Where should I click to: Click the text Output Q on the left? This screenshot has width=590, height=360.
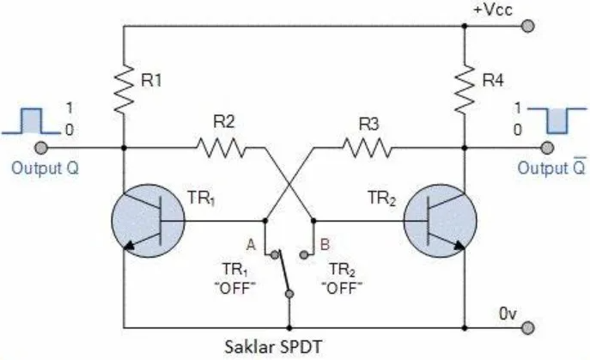[45, 168]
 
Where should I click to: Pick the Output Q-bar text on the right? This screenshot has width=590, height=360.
[544, 168]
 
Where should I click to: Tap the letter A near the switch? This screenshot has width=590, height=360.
[252, 243]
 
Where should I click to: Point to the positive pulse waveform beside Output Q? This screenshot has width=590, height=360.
[32, 120]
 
